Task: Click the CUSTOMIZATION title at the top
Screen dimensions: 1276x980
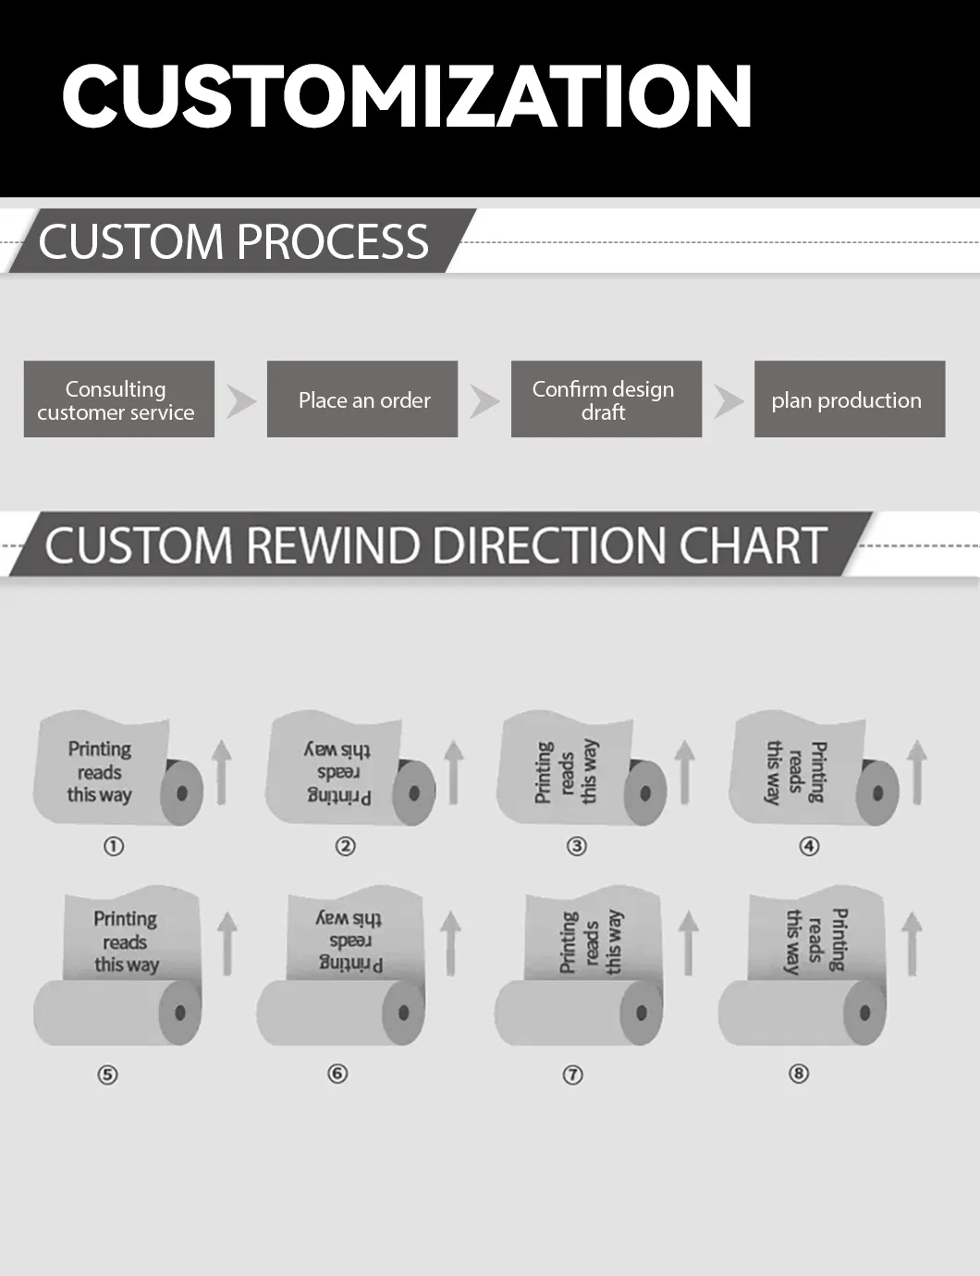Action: (407, 96)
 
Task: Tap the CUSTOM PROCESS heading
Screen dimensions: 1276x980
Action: (234, 241)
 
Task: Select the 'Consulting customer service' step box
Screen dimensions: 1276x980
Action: (119, 399)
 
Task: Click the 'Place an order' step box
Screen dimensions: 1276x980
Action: (362, 399)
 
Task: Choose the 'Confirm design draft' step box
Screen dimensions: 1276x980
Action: (606, 399)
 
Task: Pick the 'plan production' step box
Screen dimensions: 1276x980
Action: (849, 399)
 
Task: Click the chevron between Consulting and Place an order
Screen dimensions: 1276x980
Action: (241, 400)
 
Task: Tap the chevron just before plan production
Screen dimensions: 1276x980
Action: (728, 400)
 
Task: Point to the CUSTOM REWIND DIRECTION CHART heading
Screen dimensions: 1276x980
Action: (435, 545)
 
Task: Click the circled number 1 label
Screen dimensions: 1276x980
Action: (114, 846)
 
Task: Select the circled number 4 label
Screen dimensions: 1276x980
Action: (809, 846)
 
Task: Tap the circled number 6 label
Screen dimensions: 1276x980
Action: (337, 1074)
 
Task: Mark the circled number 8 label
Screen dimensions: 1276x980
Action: (799, 1074)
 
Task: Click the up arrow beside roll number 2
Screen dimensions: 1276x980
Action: (453, 773)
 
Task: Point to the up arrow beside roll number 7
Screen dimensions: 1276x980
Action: (688, 943)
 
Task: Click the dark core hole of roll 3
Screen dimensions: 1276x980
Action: (646, 793)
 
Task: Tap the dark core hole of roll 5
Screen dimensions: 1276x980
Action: (180, 1012)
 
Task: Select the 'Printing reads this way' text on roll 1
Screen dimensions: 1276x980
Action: (100, 772)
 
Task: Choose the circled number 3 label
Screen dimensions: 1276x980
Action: (577, 846)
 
